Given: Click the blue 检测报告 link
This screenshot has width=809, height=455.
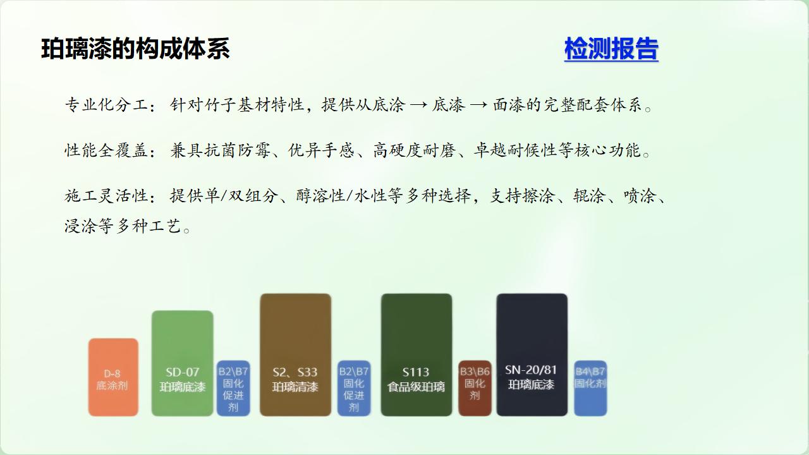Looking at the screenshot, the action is [611, 49].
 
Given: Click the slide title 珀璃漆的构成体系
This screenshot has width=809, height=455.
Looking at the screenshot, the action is [135, 49].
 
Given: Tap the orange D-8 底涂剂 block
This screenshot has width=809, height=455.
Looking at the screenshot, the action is [113, 377].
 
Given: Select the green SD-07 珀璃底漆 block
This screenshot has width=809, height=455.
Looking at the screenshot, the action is [183, 363].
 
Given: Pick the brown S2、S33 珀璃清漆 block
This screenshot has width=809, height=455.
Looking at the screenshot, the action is [295, 355].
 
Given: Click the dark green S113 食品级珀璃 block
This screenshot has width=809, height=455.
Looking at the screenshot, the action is [417, 355].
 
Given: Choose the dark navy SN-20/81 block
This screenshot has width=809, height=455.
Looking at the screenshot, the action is [532, 355].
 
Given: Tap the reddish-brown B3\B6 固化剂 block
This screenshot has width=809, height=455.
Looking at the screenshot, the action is [475, 388].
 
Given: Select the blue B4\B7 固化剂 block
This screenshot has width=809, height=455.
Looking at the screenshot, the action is [590, 388].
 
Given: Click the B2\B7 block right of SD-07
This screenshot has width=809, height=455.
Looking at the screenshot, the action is [233, 388].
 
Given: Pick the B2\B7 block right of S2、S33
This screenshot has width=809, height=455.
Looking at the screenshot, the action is [353, 388].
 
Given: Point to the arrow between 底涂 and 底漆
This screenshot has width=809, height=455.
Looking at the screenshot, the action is [419, 106].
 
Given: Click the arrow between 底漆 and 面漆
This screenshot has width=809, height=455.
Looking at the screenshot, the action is [479, 106].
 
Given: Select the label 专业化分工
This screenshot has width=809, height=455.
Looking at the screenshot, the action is [107, 105].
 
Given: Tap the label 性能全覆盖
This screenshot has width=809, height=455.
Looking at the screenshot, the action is [107, 150].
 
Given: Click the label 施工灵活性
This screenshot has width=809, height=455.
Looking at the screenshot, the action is [107, 196].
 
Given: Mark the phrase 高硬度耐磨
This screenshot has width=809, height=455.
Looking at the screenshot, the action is [414, 150].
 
